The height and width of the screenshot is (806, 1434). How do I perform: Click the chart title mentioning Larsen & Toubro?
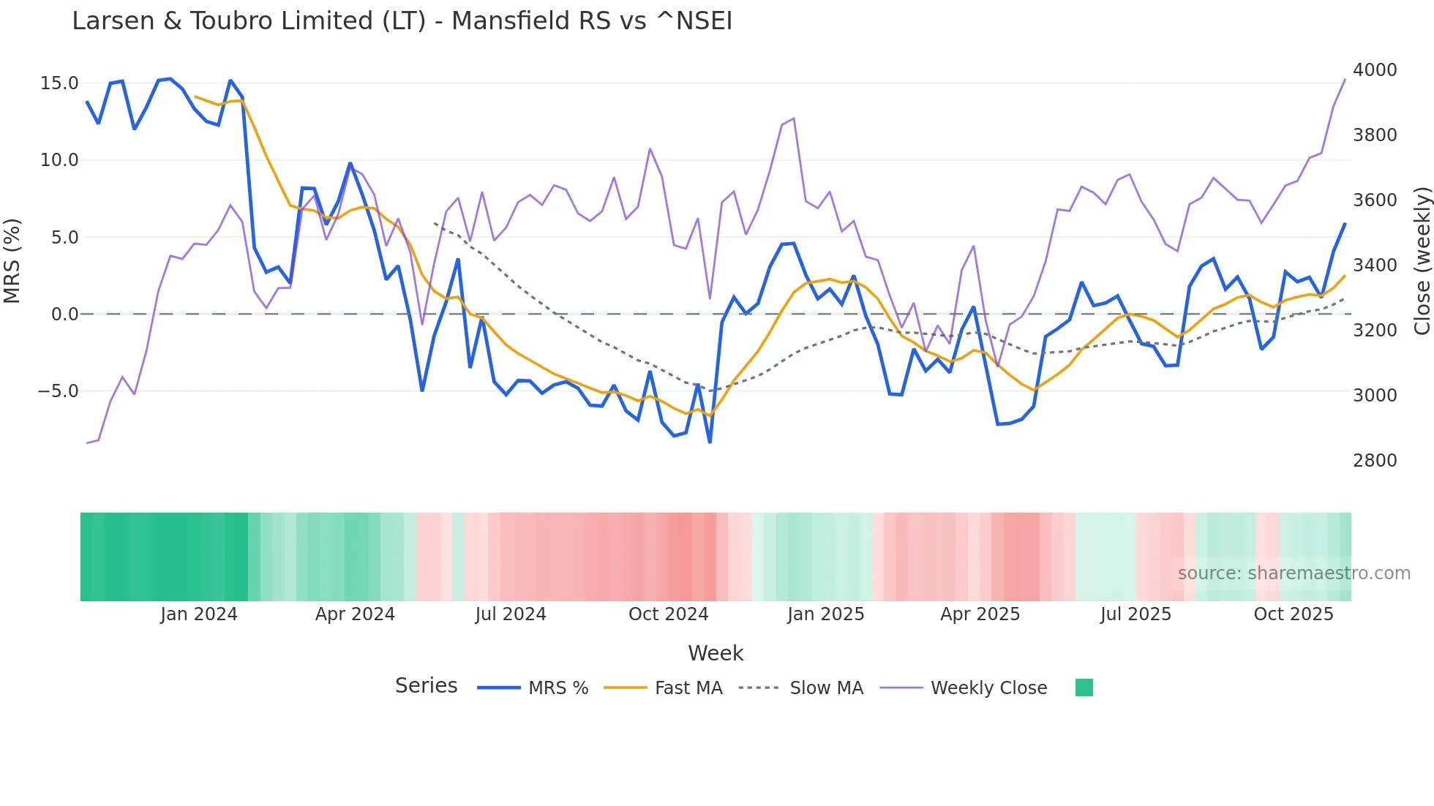402,21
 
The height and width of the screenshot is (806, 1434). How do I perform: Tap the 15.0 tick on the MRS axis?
59,83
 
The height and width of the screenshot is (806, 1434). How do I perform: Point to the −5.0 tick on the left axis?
58,391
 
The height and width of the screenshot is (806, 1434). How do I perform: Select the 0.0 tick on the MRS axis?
64,315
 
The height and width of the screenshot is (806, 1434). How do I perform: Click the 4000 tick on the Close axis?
1374,70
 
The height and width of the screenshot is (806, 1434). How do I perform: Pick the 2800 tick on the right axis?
1374,461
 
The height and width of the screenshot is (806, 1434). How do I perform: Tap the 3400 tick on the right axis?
1374,265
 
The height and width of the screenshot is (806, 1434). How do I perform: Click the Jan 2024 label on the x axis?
199,614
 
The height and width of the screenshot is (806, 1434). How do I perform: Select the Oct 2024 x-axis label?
668,614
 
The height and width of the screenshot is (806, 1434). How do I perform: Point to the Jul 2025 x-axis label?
1135,614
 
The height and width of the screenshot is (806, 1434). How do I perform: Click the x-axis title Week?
716,653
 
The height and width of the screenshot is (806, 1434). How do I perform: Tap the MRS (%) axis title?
12,261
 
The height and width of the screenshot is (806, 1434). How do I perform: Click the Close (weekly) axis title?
1422,261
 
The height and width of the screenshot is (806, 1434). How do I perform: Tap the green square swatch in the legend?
1084,688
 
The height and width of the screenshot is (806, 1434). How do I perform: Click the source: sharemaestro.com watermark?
1294,573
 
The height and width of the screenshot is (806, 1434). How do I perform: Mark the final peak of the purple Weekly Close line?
1345,79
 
